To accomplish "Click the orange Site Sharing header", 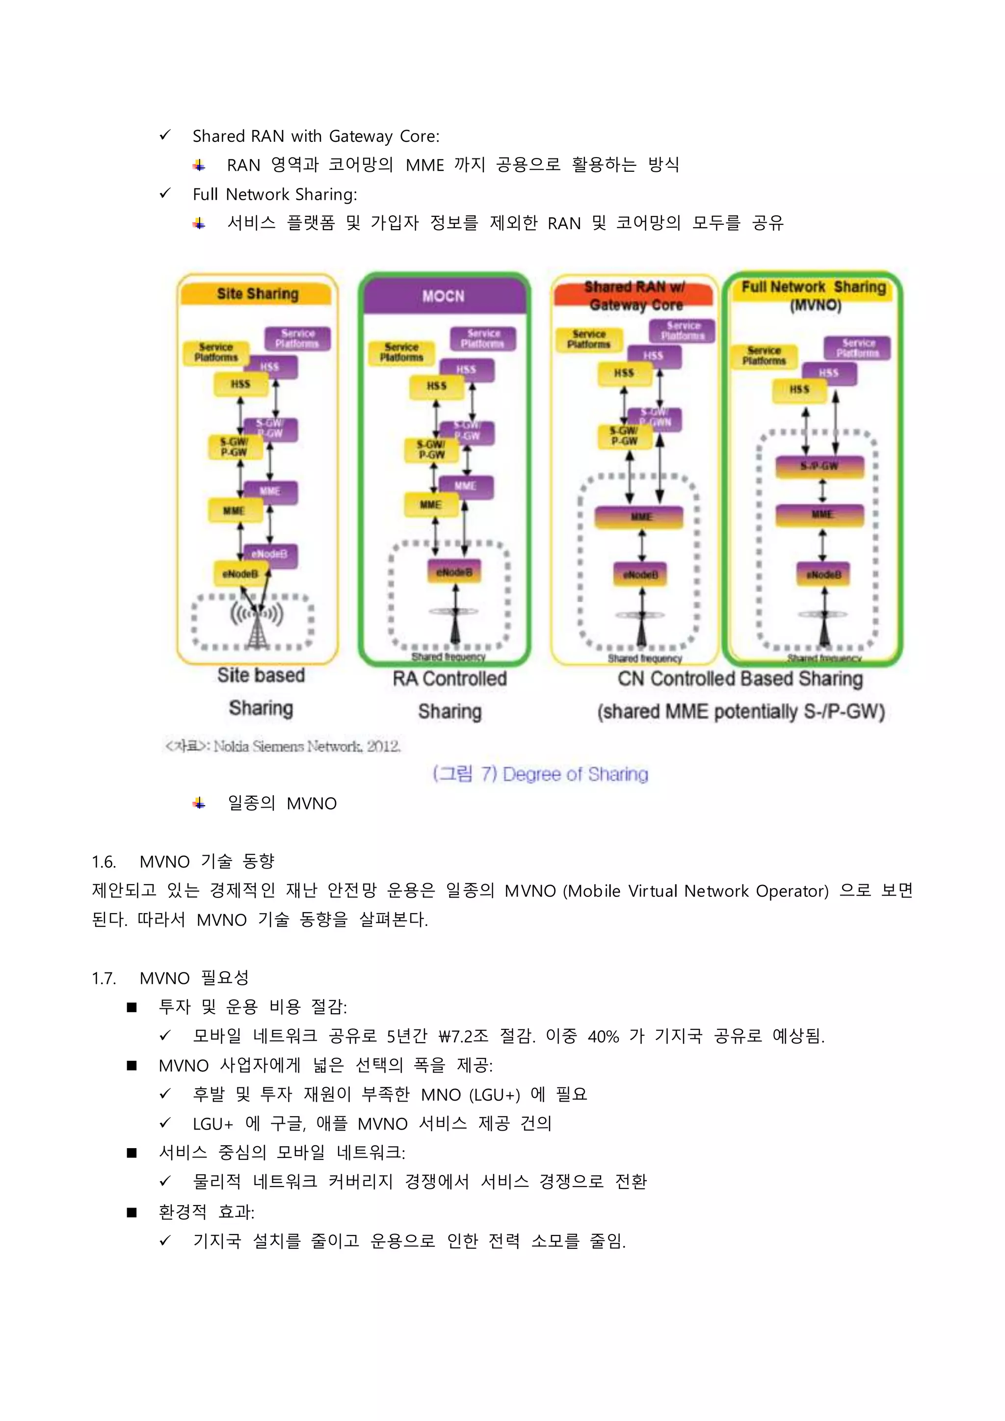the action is (x=258, y=294).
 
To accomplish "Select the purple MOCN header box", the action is (x=443, y=296).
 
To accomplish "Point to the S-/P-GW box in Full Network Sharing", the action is (x=820, y=466).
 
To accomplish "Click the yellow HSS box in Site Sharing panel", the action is (x=241, y=384).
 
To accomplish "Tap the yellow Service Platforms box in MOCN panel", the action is (x=401, y=352).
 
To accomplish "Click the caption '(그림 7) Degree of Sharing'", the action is (x=540, y=774).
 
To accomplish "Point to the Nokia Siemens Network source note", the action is (x=283, y=746).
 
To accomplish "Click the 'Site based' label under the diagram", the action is (x=261, y=675).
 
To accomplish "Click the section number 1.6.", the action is (x=104, y=862).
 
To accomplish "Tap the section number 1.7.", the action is (x=104, y=978).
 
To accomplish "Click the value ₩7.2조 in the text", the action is (x=463, y=1036).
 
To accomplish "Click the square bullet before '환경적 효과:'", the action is (x=132, y=1212).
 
